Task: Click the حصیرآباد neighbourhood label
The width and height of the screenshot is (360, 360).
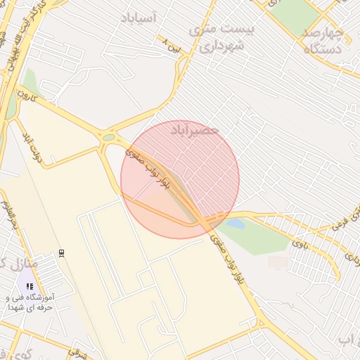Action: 195,131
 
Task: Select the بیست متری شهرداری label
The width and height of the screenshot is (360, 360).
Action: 219,38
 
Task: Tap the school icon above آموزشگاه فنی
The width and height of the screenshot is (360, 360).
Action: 30,286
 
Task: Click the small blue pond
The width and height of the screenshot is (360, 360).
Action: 235,224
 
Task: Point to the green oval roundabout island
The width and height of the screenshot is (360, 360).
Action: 108,138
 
